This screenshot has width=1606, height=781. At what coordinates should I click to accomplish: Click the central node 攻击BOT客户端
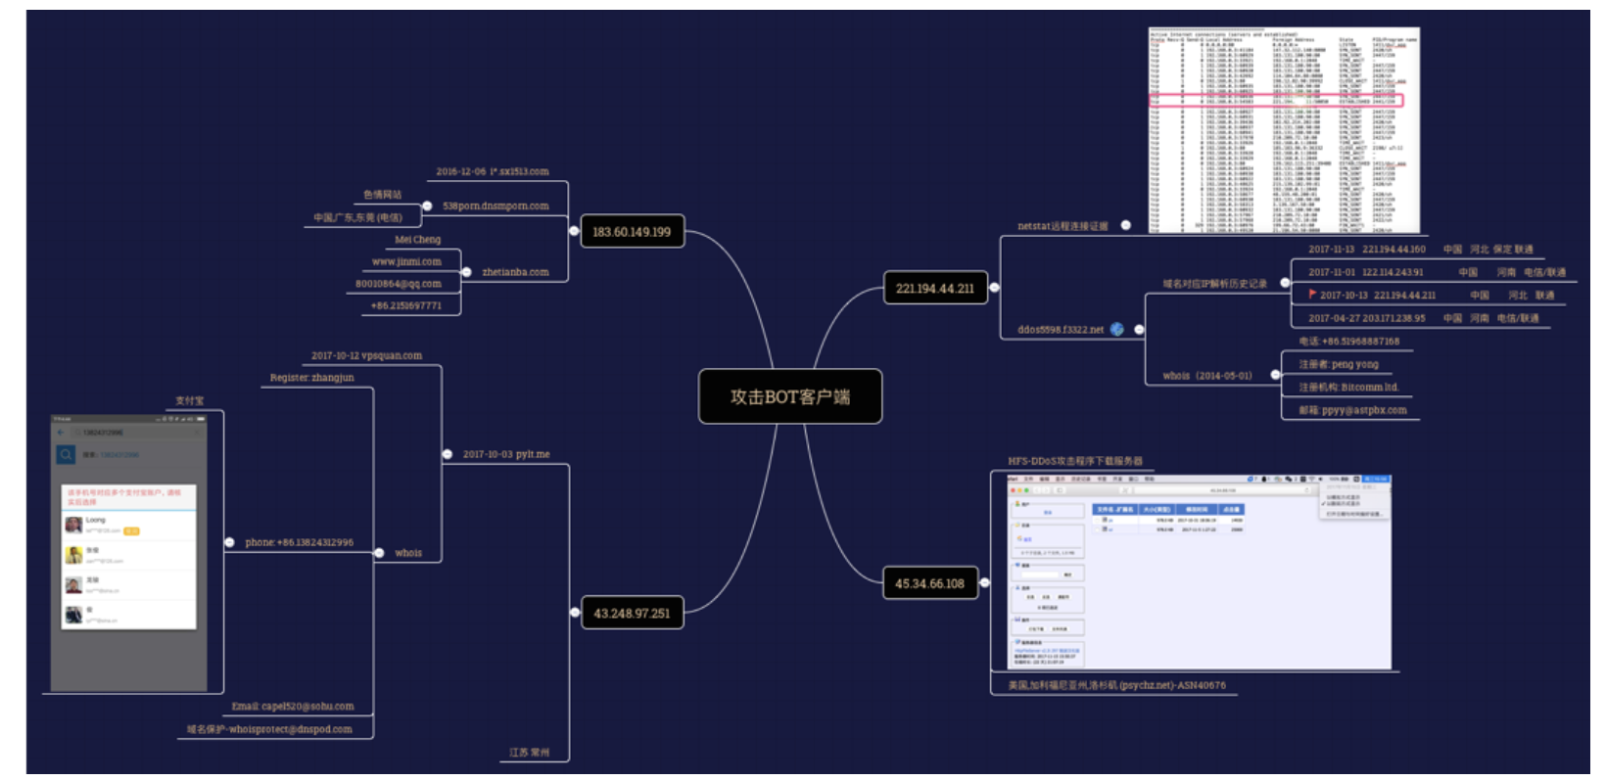pos(789,396)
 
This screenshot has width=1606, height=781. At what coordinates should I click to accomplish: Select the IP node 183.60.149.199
pos(632,232)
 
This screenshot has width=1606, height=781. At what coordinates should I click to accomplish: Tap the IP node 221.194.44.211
pos(934,288)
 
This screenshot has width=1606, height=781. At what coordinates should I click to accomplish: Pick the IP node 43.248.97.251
pos(632,614)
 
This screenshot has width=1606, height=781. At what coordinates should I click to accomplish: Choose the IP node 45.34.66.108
pos(929,583)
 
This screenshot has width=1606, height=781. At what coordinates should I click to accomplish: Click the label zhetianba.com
pos(515,272)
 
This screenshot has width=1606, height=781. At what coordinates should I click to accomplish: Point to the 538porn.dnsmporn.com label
pos(496,207)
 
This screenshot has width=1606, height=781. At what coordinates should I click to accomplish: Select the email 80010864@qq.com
pos(399,284)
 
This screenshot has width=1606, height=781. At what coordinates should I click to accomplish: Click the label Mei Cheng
pos(418,240)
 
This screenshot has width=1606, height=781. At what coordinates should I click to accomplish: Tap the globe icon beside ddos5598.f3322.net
pos(1117,329)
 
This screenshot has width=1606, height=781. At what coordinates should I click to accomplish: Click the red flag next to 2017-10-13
pos(1312,294)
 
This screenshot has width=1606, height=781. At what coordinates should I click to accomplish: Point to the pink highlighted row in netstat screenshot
pos(1276,101)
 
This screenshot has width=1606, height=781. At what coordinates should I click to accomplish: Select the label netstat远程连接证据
pos(1063,226)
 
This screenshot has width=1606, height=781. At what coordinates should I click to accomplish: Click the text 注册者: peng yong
pos(1339,364)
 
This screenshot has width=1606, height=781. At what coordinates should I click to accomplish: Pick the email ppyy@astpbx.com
pos(1352,410)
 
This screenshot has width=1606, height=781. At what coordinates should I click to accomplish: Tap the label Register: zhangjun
pos(312,378)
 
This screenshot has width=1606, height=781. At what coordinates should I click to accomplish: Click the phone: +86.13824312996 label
pos(299,542)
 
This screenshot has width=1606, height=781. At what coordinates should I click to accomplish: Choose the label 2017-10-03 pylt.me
pos(506,454)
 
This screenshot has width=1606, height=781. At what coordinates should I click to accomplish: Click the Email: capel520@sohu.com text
pos(293,706)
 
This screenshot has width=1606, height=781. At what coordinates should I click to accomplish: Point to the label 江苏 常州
pos(529,753)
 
